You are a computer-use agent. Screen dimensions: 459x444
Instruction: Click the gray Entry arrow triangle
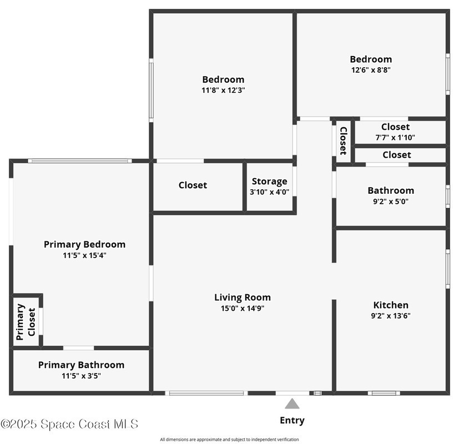click(292, 403)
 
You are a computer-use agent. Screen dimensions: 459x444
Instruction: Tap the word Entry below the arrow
click(292, 420)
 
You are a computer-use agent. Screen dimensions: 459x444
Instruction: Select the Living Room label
click(243, 297)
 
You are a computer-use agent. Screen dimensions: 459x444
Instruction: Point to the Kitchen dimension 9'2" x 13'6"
click(391, 315)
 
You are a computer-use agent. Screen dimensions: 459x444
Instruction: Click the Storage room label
click(269, 181)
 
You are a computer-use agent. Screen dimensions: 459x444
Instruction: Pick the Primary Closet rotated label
click(26, 322)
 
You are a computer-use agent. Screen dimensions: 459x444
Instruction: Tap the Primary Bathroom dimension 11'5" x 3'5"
click(82, 376)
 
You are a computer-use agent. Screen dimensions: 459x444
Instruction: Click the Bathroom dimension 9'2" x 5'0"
click(391, 201)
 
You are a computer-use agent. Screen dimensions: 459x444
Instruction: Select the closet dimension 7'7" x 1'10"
click(395, 137)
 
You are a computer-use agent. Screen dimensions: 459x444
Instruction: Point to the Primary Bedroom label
click(84, 244)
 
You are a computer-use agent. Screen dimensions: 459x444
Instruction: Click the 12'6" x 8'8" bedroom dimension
click(371, 70)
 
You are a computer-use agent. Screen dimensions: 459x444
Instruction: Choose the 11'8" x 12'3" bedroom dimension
click(223, 90)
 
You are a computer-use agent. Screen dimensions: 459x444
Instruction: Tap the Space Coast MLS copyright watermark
click(69, 424)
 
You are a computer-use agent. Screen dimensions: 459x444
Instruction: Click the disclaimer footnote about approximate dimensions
click(229, 440)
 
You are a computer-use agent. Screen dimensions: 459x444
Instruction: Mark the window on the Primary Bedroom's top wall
click(80, 161)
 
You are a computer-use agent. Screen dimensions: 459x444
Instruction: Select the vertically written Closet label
click(344, 141)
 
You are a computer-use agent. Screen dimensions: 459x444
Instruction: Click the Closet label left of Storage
click(193, 185)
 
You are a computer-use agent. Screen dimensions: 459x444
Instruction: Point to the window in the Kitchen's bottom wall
click(384, 393)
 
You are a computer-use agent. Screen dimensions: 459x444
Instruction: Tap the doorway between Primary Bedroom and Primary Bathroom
click(78, 348)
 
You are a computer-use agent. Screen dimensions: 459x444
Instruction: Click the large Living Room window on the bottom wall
click(206, 393)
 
